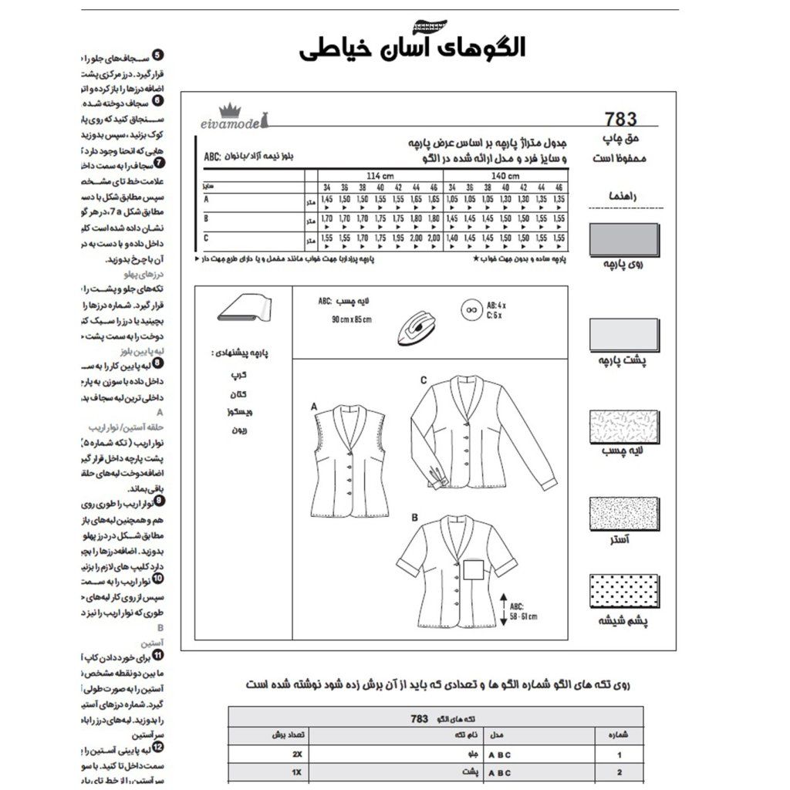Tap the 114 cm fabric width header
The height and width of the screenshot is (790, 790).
click(377, 176)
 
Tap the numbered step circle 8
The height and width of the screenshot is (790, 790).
click(158, 363)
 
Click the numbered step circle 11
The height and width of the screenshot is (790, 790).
click(158, 656)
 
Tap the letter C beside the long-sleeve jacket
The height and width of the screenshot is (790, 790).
click(424, 380)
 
